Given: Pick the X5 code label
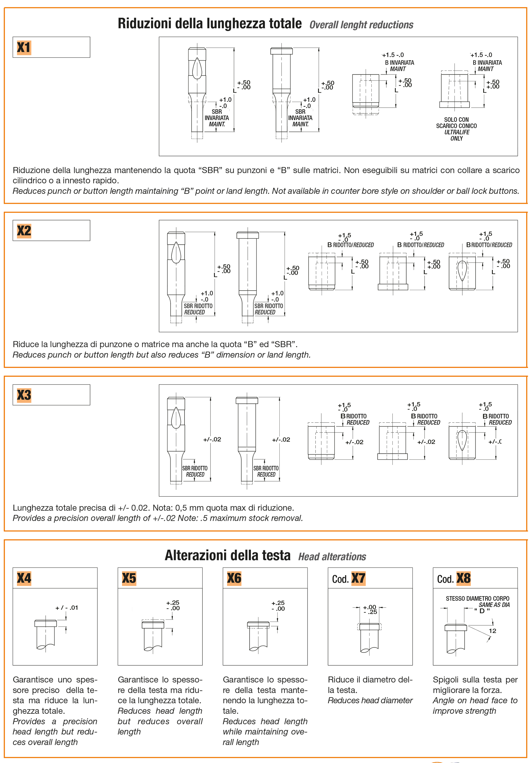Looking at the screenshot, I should pyautogui.click(x=129, y=578).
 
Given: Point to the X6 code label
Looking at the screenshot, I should pyautogui.click(x=234, y=578).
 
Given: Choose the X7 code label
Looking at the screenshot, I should pyautogui.click(x=358, y=579).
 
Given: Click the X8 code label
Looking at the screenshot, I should pyautogui.click(x=463, y=579).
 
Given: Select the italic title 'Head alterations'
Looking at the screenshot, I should pyautogui.click(x=332, y=557).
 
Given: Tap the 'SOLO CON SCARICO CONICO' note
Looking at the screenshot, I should pyautogui.click(x=456, y=123).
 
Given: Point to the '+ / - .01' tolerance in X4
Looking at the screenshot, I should pyautogui.click(x=66, y=608).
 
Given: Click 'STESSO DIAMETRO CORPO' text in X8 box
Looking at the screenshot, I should pyautogui.click(x=477, y=598).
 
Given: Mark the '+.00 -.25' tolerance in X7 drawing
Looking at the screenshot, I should pyautogui.click(x=370, y=610).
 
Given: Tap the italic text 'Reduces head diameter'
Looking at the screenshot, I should pyautogui.click(x=370, y=700).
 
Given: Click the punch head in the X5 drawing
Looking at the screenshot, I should pyautogui.click(x=153, y=625).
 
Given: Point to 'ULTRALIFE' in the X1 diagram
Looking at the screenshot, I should pyautogui.click(x=457, y=132).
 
